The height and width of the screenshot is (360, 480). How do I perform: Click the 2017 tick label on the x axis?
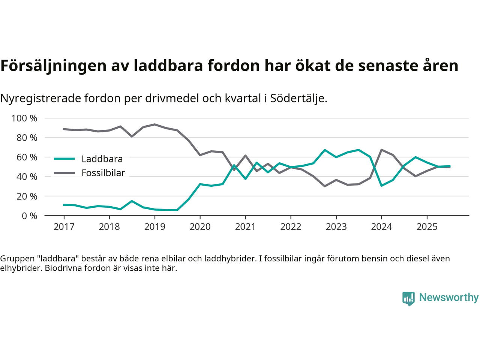point(64,227)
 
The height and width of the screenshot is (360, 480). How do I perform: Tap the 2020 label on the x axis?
point(200,227)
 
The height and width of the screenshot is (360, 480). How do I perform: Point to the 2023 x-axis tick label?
point(336,227)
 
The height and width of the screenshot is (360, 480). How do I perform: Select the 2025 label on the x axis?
point(427,227)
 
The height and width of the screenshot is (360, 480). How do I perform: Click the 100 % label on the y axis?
point(24,118)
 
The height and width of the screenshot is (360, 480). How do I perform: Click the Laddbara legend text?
point(102,159)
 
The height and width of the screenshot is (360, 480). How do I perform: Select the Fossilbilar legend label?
point(103,173)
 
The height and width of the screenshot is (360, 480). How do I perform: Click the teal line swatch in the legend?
point(64,159)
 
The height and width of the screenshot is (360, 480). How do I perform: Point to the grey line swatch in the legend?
point(64,173)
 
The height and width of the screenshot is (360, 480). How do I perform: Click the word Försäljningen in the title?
point(54,66)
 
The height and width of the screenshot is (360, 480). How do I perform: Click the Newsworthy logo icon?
point(408,298)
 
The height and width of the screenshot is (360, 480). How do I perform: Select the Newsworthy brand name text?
point(448,298)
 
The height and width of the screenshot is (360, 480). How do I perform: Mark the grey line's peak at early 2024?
point(381,150)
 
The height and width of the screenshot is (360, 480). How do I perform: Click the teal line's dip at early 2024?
point(381,186)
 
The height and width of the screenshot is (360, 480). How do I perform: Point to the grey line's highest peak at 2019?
point(154,124)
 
